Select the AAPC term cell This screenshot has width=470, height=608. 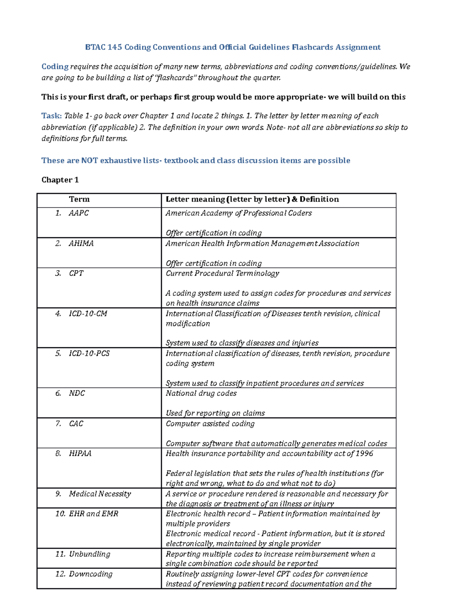pos(79,213)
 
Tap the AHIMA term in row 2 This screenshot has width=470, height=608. pos(81,244)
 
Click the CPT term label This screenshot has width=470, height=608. pos(76,273)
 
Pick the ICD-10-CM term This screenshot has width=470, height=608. pos(88,314)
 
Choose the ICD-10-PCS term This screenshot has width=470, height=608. pos(89,354)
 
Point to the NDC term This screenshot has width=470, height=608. pos(77,393)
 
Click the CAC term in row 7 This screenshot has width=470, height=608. pos(76,424)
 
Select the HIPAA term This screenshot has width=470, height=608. pos(80,453)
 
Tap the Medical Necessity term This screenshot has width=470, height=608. pos(100,494)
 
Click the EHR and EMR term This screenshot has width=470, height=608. pos(94,514)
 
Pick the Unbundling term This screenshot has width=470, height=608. pos(90,554)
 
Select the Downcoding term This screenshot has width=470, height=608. pos(91,574)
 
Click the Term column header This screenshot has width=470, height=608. pos(80,199)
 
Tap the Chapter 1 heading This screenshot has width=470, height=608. pos(60,180)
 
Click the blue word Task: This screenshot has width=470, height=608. pos(51,116)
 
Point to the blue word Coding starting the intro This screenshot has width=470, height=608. pos(55,67)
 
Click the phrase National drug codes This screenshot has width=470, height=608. pos(201,393)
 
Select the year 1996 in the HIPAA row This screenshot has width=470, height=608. pos(365,453)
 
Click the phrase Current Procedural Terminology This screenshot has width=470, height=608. pos(222,273)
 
